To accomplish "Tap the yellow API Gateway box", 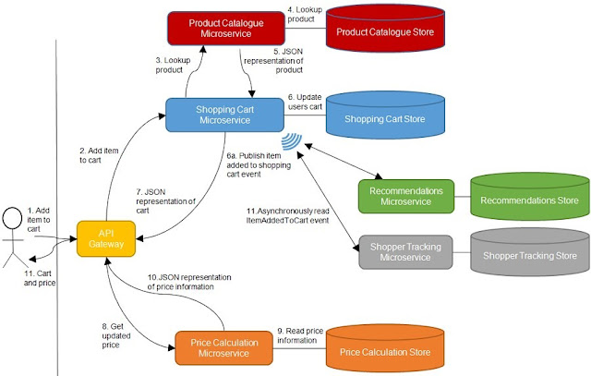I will coord(108,237).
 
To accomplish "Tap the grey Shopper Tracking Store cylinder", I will coord(527,256).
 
